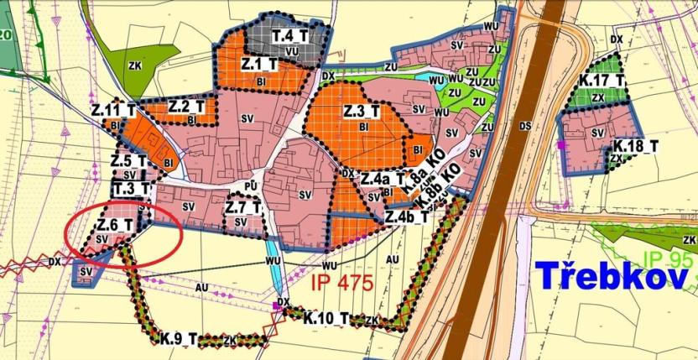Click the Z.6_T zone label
tap(115, 224)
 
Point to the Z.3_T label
tap(362, 111)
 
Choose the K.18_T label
tap(636, 146)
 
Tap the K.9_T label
tap(180, 339)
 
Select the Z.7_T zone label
tap(244, 207)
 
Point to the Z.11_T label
tap(114, 110)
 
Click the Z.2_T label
tap(186, 107)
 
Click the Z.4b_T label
tap(407, 217)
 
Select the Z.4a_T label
tap(383, 179)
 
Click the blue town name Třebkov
tap(612, 274)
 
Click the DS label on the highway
tap(526, 126)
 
